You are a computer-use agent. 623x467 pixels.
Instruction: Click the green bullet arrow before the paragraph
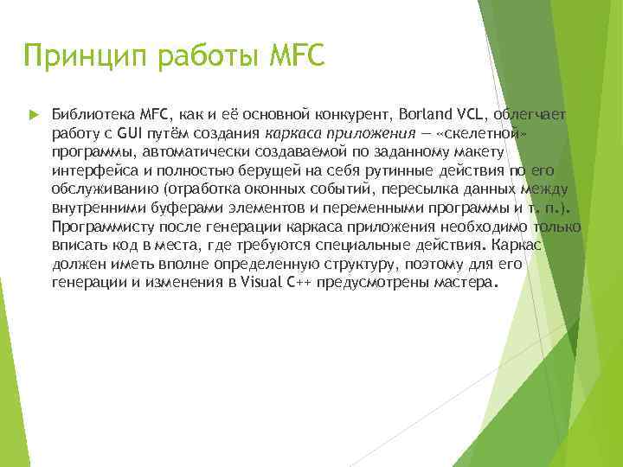point(32,114)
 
